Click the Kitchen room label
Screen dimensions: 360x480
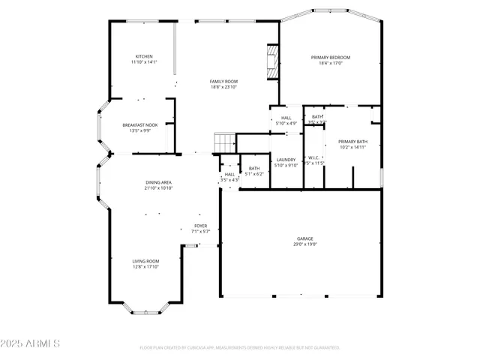click(144, 56)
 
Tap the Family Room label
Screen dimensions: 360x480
click(223, 81)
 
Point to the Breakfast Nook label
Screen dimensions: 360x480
click(141, 124)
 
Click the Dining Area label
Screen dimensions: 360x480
click(159, 182)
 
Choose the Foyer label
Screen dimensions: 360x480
click(201, 226)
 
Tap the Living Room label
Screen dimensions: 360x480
click(146, 261)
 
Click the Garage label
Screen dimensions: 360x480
click(304, 238)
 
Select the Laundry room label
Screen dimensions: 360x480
click(286, 159)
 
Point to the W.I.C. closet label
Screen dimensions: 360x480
click(314, 157)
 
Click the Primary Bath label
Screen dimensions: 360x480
click(352, 142)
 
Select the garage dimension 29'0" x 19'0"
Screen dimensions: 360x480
click(304, 244)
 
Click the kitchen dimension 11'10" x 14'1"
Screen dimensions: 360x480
click(144, 62)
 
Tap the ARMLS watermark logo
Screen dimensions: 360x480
click(30, 343)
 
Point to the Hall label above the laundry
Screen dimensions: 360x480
click(286, 118)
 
